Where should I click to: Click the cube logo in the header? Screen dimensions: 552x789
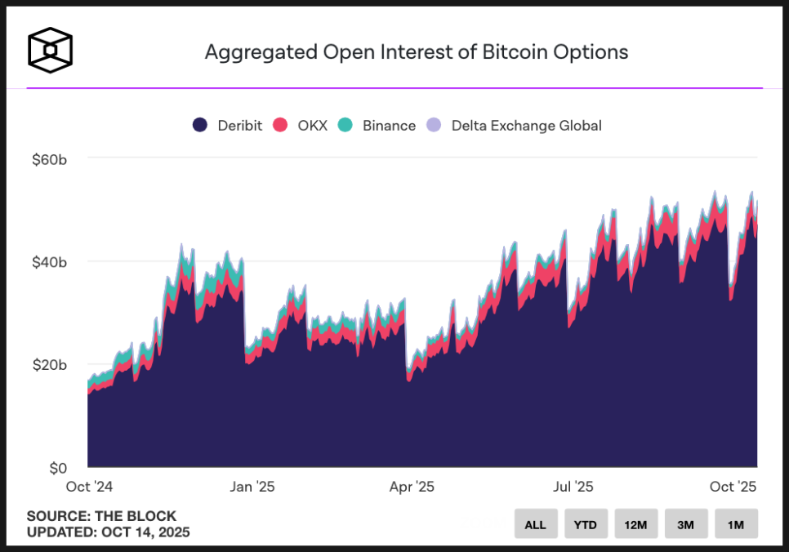pyautogui.click(x=51, y=51)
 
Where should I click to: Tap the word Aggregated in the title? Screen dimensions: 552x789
pyautogui.click(x=260, y=52)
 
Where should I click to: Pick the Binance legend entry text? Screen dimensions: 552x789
pyautogui.click(x=389, y=126)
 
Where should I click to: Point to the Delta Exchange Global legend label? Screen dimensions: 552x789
pyautogui.click(x=526, y=126)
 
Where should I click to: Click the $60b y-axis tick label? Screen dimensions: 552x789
pyautogui.click(x=48, y=158)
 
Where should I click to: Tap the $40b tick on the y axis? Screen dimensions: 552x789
pyautogui.click(x=48, y=262)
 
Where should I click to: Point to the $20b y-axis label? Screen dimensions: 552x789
pyautogui.click(x=48, y=365)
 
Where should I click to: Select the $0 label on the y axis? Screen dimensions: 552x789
pyautogui.click(x=57, y=469)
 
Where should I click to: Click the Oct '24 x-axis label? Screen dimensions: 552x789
pyautogui.click(x=88, y=487)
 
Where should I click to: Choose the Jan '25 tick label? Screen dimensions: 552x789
pyautogui.click(x=252, y=487)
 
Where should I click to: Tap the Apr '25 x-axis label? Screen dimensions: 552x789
pyautogui.click(x=412, y=487)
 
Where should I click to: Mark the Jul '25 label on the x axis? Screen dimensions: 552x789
pyautogui.click(x=573, y=487)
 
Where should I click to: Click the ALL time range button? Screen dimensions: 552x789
pyautogui.click(x=536, y=524)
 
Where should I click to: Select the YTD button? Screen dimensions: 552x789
pyautogui.click(x=586, y=524)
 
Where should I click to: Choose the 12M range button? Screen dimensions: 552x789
pyautogui.click(x=636, y=524)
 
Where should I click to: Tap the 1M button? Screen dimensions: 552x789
pyautogui.click(x=736, y=524)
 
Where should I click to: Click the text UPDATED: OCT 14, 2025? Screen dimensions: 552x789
pyautogui.click(x=108, y=532)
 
